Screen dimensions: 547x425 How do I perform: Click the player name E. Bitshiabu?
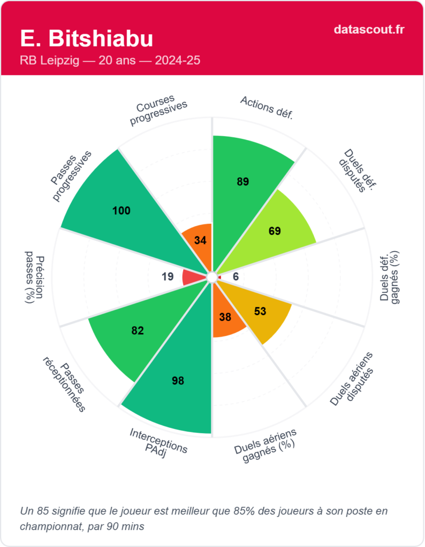tap(86, 38)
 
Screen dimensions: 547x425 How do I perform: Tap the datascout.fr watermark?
tap(369, 29)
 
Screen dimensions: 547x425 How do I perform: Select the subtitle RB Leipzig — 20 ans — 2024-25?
tap(110, 61)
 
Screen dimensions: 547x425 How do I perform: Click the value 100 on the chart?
tap(122, 210)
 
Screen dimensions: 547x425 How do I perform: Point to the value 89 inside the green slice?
tap(243, 182)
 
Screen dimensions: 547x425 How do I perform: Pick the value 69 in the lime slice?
tap(275, 231)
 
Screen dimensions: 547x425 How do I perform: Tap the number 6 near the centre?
tap(236, 277)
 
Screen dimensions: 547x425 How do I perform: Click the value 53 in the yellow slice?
tap(260, 311)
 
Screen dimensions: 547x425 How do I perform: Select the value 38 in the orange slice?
tap(225, 317)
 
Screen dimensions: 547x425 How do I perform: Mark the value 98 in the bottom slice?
tap(178, 380)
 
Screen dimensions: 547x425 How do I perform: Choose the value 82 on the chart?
tap(138, 331)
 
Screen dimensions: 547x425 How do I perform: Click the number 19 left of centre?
tap(168, 277)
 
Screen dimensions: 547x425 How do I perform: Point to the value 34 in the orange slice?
tap(200, 240)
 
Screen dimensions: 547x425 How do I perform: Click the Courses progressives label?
tap(159, 110)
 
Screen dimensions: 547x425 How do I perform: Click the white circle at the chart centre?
tap(212, 277)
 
